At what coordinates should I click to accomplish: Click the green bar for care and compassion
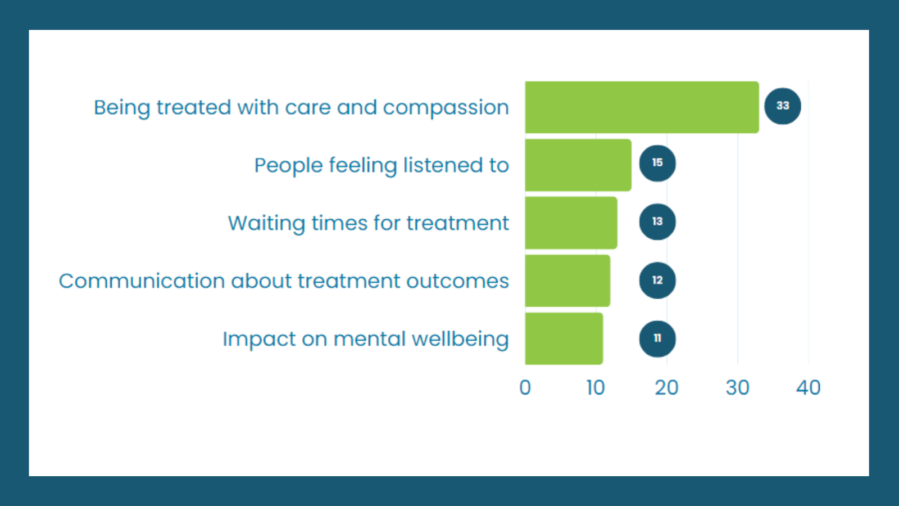point(642,107)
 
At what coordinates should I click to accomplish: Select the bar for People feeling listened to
point(578,165)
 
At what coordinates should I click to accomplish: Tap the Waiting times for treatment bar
point(571,223)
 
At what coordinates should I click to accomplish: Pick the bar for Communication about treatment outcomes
point(567,281)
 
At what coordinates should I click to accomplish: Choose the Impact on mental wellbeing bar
point(564,338)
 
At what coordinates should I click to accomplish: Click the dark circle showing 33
point(783,106)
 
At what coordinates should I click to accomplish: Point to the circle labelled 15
point(657,164)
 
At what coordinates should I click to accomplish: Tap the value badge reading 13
point(657,222)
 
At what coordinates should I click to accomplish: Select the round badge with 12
point(657,281)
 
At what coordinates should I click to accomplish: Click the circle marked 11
point(657,339)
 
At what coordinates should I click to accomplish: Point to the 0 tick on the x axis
point(525,387)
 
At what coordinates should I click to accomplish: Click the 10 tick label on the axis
point(596,387)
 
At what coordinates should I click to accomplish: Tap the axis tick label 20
point(666,387)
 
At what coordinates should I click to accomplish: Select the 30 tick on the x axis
point(738,387)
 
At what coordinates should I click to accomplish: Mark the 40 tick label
point(809,387)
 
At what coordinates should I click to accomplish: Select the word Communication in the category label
point(142,281)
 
